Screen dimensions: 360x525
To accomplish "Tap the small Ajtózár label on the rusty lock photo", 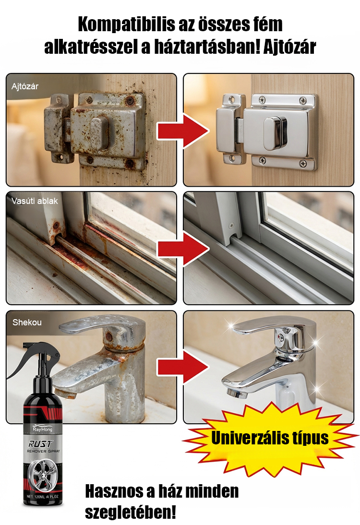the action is (25, 86).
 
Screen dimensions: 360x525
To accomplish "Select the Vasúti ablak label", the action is (35, 201).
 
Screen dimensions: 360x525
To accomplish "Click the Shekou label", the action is (27, 322).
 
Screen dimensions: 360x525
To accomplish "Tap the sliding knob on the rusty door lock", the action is (99, 134).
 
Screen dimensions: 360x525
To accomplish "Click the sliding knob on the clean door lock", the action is (275, 133).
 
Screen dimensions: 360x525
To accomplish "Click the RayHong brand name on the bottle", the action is (43, 429).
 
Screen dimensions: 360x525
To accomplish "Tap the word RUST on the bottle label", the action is (40, 444).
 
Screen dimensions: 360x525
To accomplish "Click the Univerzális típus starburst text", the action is (270, 438).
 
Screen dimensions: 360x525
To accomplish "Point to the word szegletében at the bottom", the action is (130, 512).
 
